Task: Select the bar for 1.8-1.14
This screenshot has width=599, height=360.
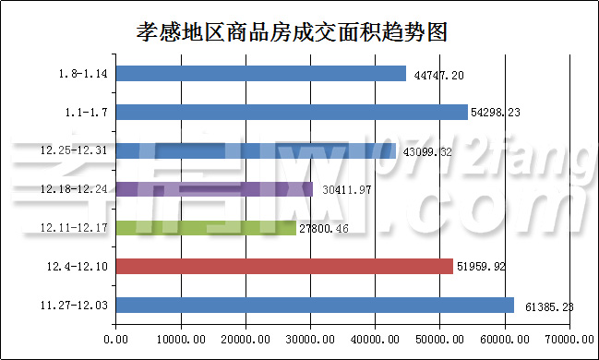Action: coord(261,73)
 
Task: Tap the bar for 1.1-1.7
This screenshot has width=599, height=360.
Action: coord(292,112)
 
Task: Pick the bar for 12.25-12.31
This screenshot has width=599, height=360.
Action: coord(256,150)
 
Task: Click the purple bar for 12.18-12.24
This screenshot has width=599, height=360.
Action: coord(214,189)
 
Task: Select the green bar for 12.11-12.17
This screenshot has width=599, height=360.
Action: coord(206,227)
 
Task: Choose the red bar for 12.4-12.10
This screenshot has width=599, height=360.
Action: coord(284,266)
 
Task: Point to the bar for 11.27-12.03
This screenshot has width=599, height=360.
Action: coord(315,305)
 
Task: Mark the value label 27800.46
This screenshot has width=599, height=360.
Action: coord(329,228)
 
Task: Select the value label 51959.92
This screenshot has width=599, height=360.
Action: coord(485,267)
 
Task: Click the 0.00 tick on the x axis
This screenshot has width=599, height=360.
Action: coord(116,339)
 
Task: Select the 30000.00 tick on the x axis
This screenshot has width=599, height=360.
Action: coord(310,339)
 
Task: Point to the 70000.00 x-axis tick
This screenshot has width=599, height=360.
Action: coord(569,339)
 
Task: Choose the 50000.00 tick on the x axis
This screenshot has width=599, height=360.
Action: coord(439,339)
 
